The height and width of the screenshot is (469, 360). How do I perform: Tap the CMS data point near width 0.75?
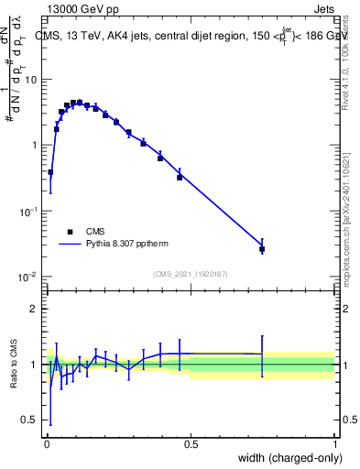click(x=262, y=248)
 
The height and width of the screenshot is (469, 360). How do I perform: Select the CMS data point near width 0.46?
click(x=180, y=177)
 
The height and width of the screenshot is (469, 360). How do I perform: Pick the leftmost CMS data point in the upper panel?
click(x=50, y=172)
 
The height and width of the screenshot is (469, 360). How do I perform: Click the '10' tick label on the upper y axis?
click(x=29, y=79)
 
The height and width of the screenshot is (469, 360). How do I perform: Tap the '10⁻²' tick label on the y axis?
click(x=27, y=278)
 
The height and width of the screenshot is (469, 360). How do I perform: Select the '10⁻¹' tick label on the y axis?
click(x=27, y=212)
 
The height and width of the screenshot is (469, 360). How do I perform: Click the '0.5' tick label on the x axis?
click(x=191, y=443)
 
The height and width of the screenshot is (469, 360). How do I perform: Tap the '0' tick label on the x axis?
click(x=47, y=443)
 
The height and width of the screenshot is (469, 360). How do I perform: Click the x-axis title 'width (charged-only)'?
click(x=285, y=458)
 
